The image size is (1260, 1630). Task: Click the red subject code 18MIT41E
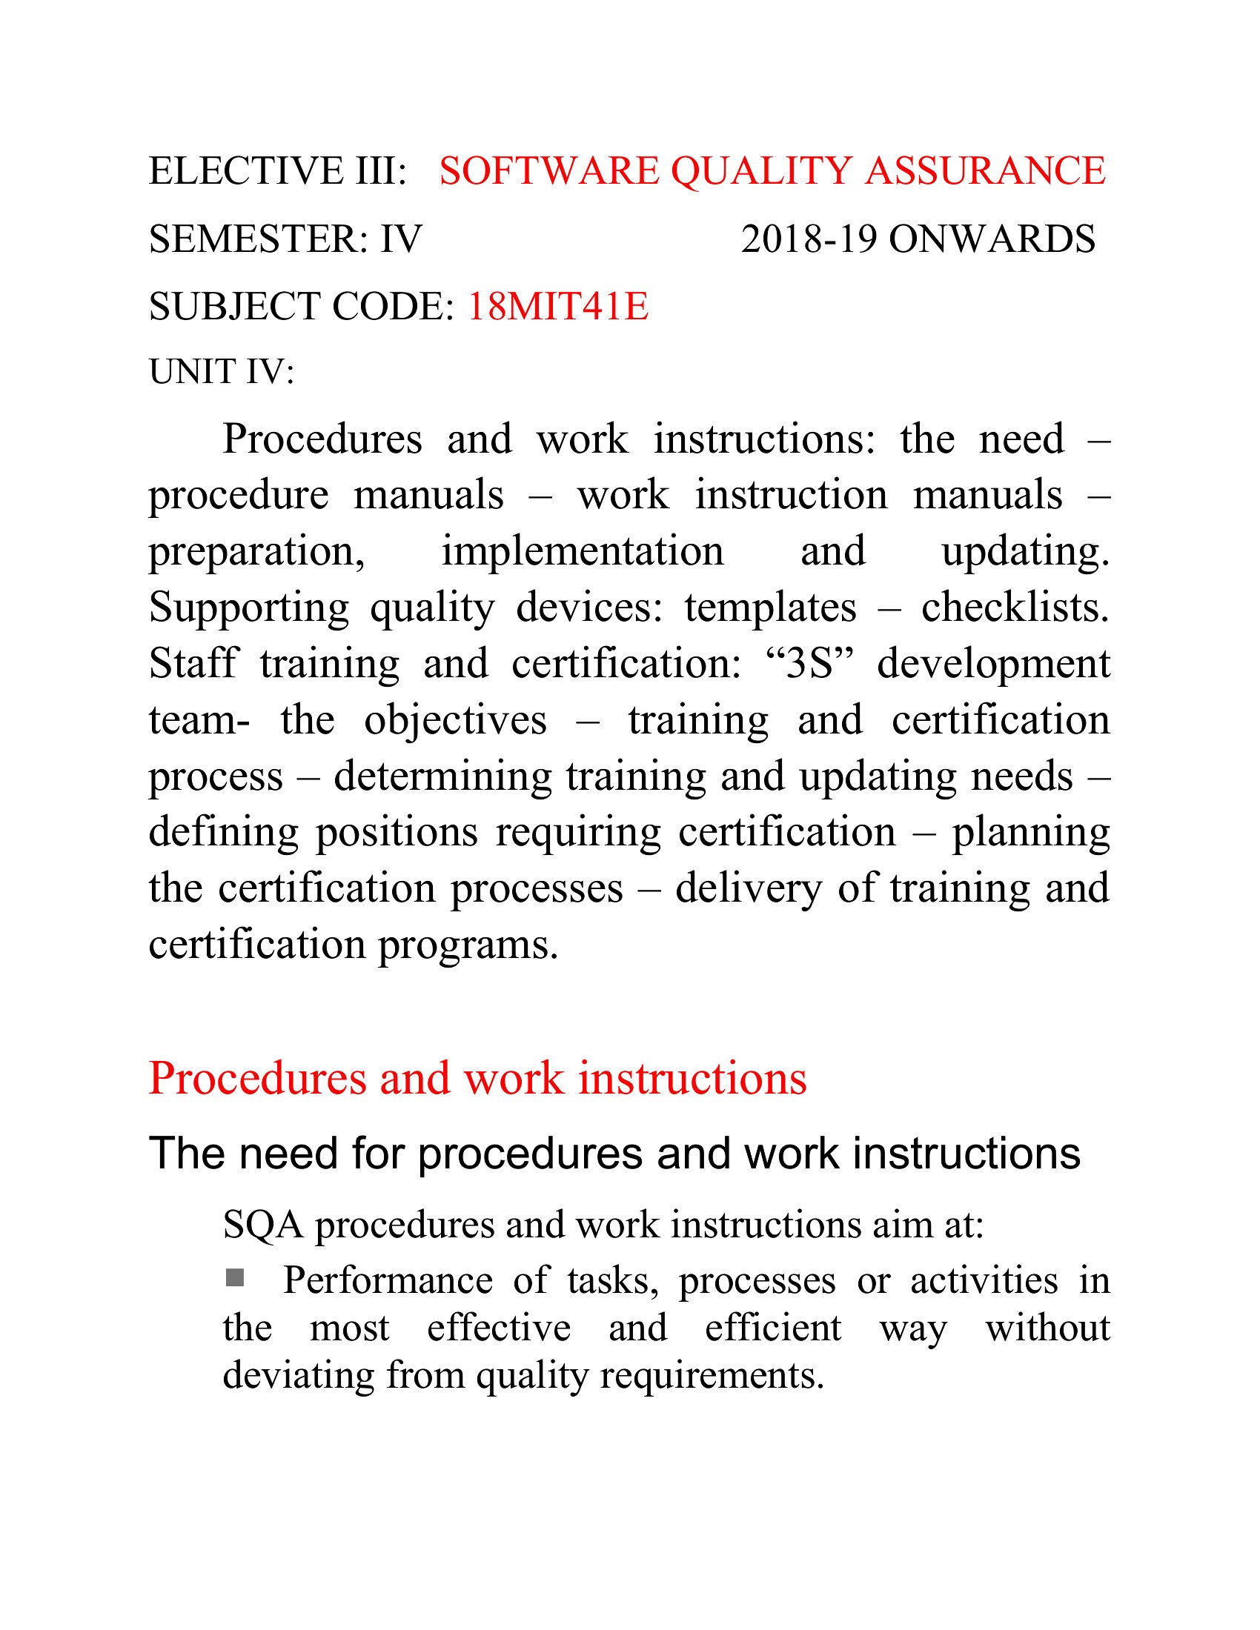point(557,307)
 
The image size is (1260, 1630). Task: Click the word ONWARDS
point(992,239)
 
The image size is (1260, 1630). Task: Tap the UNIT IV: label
point(222,372)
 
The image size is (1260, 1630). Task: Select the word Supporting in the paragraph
point(248,608)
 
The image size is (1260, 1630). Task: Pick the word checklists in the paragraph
point(1015,608)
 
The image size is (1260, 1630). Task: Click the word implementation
point(583,551)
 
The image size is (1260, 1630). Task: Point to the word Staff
point(193,664)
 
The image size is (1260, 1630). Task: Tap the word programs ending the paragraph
point(468,945)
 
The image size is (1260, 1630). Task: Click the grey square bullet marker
point(235,1279)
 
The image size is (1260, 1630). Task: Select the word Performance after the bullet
point(388,1281)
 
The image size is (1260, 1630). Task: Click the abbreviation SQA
point(263,1225)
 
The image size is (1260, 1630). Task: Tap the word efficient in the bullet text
point(772,1328)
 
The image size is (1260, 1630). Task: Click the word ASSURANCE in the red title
point(985,171)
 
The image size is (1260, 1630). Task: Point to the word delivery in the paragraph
point(748,889)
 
